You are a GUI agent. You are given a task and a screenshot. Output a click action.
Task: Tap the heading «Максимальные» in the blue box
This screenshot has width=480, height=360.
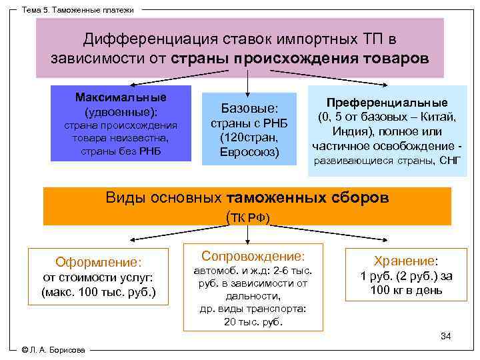point(121,97)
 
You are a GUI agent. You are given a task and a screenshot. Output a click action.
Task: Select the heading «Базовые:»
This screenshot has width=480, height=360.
point(249,108)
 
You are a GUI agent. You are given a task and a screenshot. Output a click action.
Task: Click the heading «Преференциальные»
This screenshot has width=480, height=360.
point(387,103)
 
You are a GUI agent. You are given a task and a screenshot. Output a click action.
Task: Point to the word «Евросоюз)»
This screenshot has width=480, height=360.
point(249,152)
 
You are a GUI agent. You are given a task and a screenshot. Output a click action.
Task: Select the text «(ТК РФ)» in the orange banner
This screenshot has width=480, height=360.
point(249,217)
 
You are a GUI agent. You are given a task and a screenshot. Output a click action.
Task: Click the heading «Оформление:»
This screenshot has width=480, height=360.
point(99,263)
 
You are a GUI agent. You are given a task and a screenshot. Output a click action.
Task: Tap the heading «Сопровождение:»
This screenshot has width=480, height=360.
point(253,256)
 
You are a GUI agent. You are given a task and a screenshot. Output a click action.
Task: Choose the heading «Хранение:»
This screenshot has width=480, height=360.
point(405,262)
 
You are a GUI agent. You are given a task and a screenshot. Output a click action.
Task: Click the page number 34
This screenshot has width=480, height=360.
point(446,336)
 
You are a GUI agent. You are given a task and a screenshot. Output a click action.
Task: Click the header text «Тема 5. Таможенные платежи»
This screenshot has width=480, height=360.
point(78,10)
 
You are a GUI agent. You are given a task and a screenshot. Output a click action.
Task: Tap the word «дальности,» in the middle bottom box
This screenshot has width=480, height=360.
point(253,296)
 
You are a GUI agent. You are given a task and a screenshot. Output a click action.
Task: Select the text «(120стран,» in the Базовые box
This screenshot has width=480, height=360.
point(249,138)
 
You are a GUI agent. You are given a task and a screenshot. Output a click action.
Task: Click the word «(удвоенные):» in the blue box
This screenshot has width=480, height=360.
point(121,111)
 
